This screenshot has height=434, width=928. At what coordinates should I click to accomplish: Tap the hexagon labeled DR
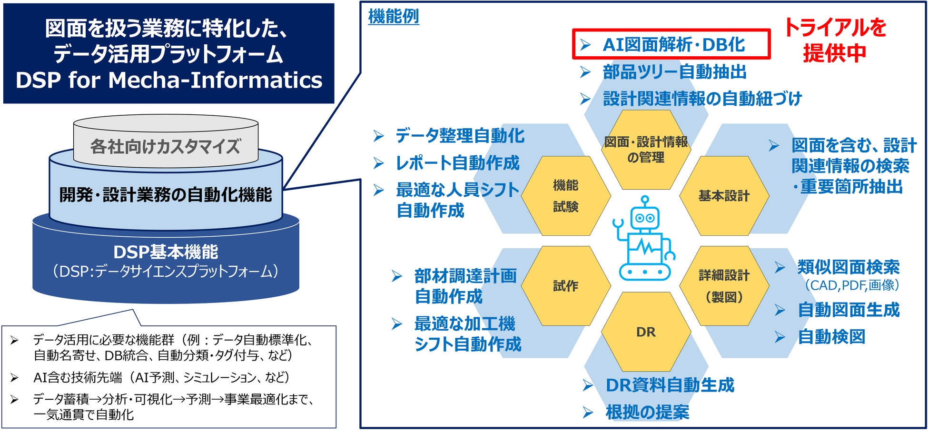646,332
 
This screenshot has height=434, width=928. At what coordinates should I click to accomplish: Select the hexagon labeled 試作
565,286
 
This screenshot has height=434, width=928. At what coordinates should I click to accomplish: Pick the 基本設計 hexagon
724,196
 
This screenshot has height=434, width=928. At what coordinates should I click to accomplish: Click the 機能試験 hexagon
565,196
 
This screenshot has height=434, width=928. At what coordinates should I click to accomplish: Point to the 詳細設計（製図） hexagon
724,286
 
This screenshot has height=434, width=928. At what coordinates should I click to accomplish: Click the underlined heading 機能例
394,17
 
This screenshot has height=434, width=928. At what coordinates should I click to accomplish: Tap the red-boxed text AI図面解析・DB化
673,45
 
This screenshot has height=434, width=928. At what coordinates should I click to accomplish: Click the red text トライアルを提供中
835,40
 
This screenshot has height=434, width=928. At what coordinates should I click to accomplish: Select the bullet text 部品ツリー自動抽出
674,72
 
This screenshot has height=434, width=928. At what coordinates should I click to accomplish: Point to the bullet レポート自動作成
457,163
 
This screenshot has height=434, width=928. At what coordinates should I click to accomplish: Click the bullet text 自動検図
831,337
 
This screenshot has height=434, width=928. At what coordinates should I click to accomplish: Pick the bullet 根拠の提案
647,412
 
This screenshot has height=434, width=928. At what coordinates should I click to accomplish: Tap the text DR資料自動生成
670,385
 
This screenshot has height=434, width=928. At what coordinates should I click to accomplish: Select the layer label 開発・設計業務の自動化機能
166,194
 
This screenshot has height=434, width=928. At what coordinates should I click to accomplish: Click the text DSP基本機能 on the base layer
166,252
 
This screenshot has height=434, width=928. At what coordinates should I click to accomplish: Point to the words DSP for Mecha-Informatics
169,80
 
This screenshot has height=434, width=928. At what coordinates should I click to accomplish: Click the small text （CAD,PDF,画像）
852,285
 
